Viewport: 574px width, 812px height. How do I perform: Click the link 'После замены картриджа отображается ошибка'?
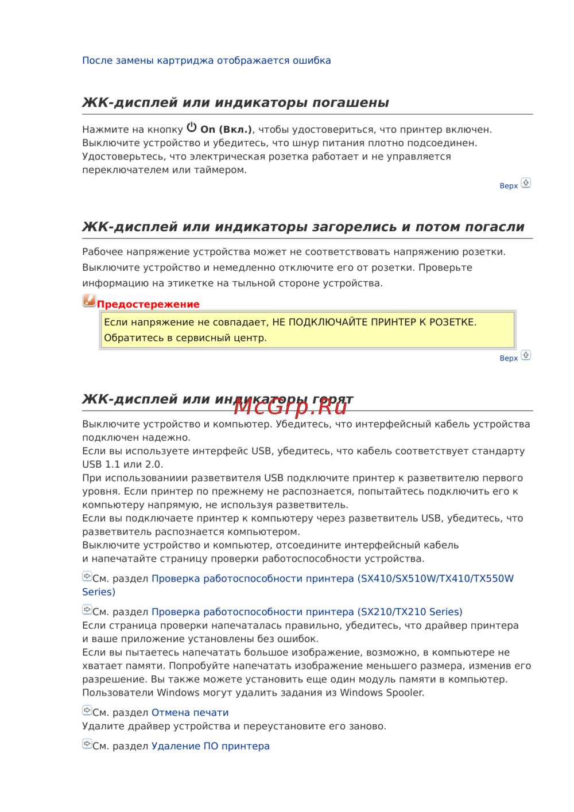(206, 60)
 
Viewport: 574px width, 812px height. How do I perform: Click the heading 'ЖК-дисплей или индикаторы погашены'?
(235, 103)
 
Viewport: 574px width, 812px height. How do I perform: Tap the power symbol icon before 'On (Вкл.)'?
(192, 127)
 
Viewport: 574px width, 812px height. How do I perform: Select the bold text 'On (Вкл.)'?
(226, 130)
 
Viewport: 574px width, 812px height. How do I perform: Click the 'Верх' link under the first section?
(509, 186)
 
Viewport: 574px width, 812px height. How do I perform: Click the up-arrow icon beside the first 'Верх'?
(526, 183)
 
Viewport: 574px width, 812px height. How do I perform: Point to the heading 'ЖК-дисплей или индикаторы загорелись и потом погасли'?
(303, 227)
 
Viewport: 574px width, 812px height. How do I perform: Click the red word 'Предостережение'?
(148, 304)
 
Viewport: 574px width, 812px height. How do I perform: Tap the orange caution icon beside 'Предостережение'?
(89, 300)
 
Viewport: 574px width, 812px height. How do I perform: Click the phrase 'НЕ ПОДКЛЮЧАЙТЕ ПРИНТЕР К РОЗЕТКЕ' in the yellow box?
(374, 322)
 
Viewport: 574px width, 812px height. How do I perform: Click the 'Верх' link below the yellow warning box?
(509, 358)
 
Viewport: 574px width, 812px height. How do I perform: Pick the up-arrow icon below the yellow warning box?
(526, 355)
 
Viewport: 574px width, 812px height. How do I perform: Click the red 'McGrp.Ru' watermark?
(290, 406)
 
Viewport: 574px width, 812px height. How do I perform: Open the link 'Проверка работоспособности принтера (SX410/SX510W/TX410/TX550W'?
(332, 578)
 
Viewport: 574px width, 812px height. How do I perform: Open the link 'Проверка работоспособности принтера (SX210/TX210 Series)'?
(307, 612)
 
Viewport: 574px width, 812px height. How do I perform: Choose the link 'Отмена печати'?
(190, 713)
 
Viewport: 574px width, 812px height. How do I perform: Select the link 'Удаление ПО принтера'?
(210, 746)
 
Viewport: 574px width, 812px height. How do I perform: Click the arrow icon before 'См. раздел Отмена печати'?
(87, 710)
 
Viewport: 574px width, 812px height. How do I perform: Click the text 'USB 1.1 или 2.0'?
(122, 464)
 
